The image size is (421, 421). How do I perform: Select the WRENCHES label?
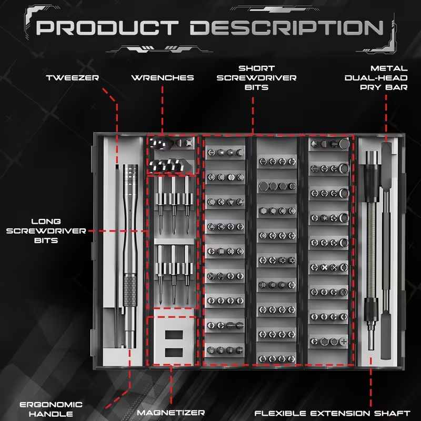(162, 78)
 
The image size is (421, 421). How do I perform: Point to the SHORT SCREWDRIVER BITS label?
(267, 77)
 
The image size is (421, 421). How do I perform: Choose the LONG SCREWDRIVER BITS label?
(45, 230)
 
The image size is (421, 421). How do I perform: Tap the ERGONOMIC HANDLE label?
(51, 409)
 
